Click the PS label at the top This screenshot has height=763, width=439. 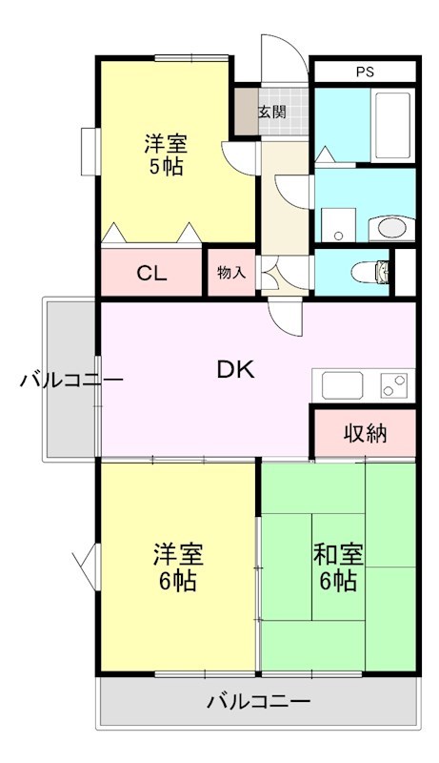[x=365, y=72]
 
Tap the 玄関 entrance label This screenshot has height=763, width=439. [x=271, y=112]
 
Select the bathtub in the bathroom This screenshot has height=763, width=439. [x=393, y=125]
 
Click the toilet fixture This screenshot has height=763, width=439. [x=370, y=272]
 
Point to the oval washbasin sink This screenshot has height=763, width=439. [x=391, y=228]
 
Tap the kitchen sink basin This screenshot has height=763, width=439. [x=343, y=385]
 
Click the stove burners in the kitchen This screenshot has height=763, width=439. [x=394, y=385]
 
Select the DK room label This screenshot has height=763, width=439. [x=235, y=371]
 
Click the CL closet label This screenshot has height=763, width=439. [x=151, y=274]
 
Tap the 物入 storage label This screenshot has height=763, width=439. [x=231, y=273]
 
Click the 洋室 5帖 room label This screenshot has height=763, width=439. [x=165, y=155]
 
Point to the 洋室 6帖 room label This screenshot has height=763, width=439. [x=177, y=567]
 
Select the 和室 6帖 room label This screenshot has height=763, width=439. [x=338, y=567]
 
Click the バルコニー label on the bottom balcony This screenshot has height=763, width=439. [x=259, y=701]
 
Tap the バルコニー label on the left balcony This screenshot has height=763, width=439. [x=70, y=379]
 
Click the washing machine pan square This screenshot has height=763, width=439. [x=338, y=225]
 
